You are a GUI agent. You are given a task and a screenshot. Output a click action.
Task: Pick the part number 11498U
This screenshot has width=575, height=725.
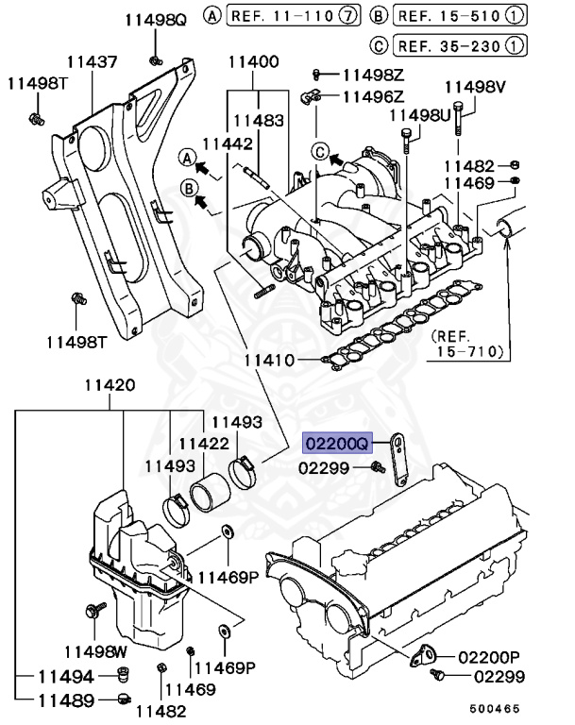coord(420,115)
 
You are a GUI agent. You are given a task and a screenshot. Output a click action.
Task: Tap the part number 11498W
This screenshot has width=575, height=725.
coord(95,650)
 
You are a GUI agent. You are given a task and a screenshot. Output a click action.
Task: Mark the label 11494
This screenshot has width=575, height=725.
coord(66,676)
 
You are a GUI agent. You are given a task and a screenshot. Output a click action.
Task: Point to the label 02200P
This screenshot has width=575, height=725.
coord(489,656)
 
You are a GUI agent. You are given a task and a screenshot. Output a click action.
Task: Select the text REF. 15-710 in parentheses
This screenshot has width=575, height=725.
coord(468,344)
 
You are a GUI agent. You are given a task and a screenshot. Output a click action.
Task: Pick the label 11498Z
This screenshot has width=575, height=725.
coord(373,74)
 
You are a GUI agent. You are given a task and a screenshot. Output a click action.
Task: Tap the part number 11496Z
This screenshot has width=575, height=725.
coord(373,95)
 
